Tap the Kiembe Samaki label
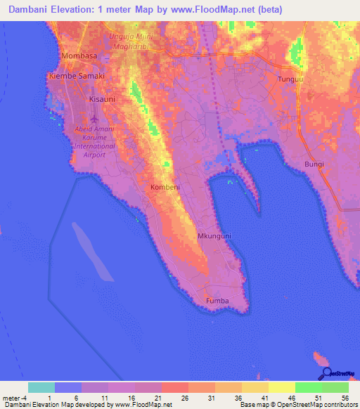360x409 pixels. pos(76,76)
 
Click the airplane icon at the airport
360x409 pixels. pos(95,116)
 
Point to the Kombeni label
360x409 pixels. pos(165,188)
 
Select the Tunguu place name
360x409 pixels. pos(290,79)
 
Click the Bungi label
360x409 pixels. pos(314,164)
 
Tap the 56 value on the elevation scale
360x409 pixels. pos(345,398)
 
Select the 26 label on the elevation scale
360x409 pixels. pos(185,398)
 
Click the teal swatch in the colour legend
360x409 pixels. pos(41,387)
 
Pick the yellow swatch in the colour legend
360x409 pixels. pos(281,387)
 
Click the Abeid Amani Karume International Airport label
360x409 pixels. pos(90,141)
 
